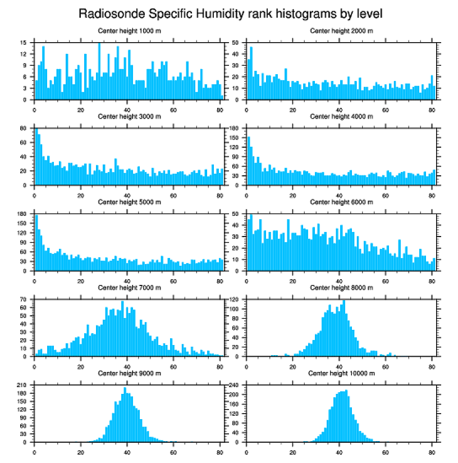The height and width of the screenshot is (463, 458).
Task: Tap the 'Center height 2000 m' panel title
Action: tap(341, 31)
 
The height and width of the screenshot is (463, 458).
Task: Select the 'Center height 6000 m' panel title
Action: tap(341, 202)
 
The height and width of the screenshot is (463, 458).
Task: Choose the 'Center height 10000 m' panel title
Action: tap(341, 374)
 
